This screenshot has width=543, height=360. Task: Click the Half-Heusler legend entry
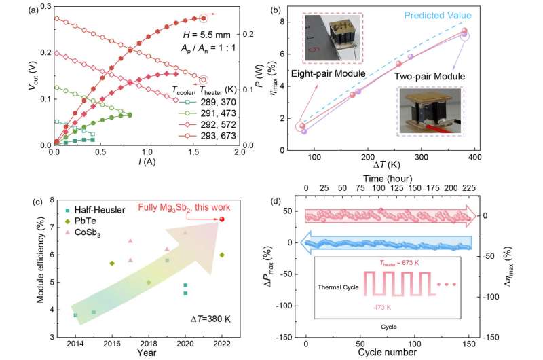[x=100, y=211]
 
